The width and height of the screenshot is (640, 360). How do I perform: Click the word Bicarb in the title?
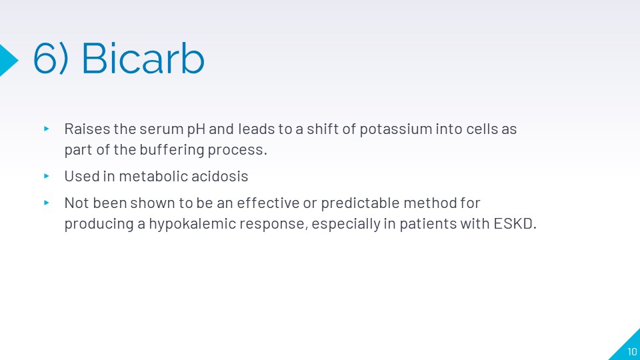click(143, 59)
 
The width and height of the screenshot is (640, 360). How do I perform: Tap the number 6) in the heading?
click(51, 59)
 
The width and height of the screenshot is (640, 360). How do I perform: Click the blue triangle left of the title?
click(9, 60)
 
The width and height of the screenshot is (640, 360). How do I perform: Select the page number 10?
click(632, 351)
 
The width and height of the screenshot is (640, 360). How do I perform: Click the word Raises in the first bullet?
click(87, 129)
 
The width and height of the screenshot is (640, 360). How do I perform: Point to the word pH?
click(196, 129)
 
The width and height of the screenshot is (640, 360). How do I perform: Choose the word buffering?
click(172, 150)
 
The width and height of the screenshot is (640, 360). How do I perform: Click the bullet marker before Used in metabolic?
click(47, 176)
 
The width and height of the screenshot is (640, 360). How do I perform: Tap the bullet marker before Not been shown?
click(47, 203)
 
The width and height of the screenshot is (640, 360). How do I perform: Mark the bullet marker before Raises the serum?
click(47, 129)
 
